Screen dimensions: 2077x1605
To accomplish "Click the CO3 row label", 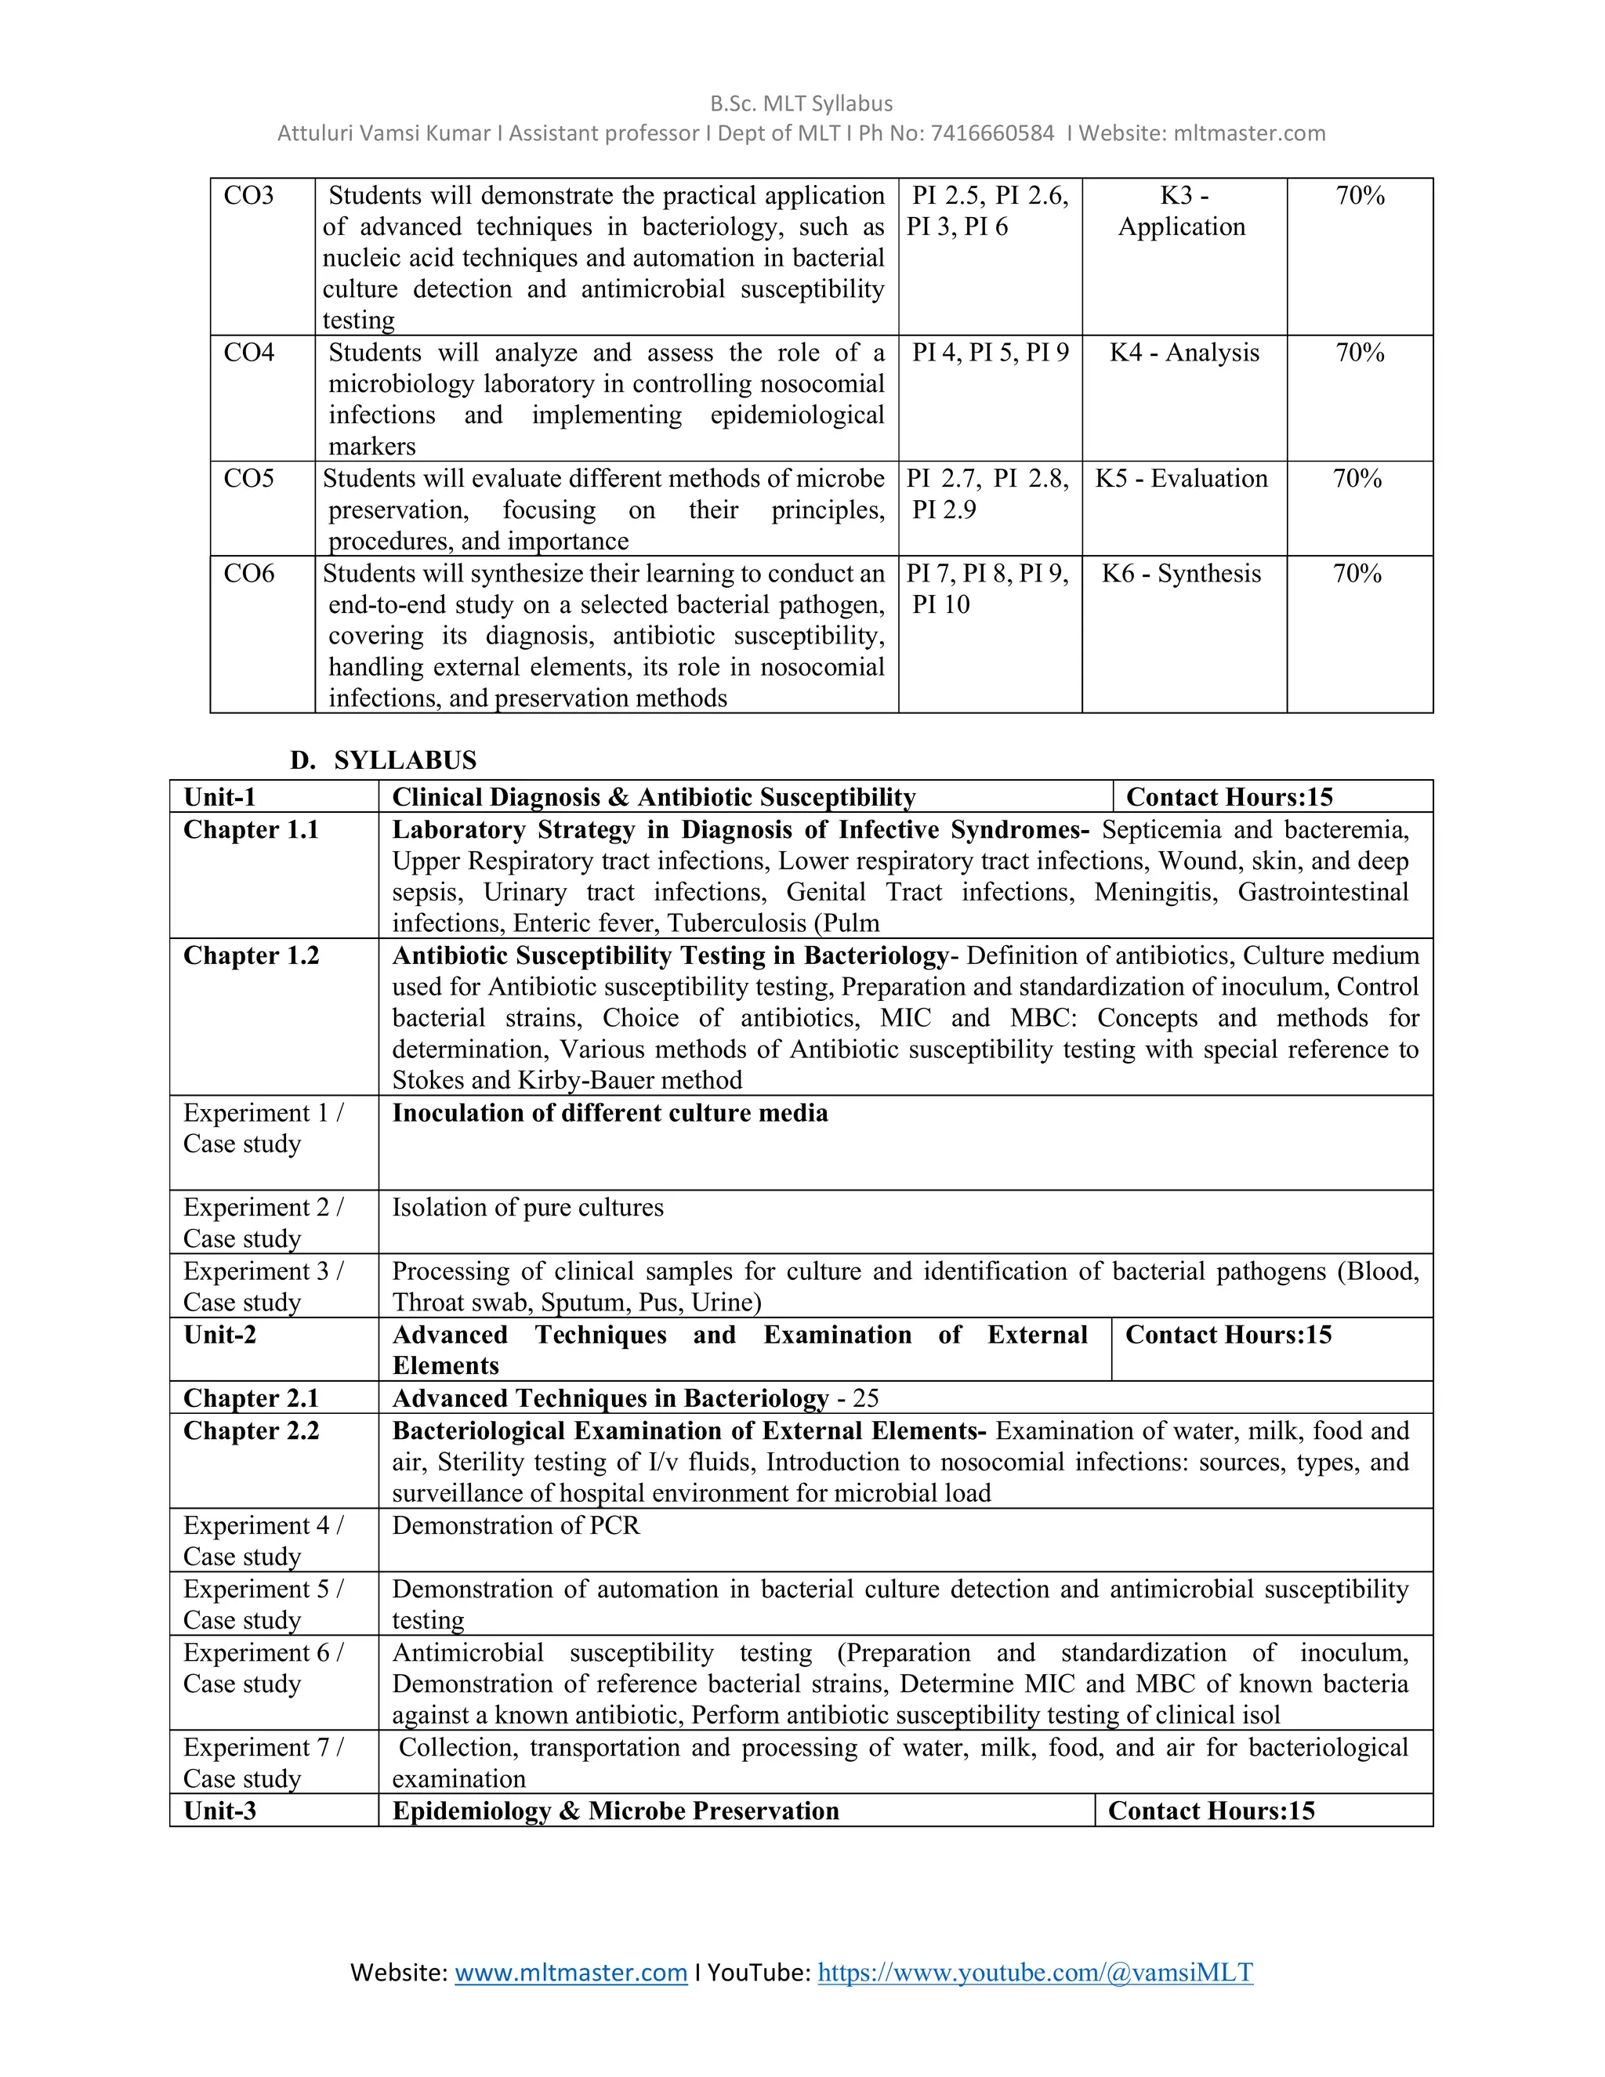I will point(248,196).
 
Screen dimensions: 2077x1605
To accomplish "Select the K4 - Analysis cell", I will point(1184,353).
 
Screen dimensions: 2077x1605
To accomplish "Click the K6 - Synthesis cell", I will point(1181,574).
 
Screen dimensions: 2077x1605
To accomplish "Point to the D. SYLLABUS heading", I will point(384,759).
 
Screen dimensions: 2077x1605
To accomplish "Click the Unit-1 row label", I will point(219,797).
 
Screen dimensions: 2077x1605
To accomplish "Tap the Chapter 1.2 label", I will point(251,955).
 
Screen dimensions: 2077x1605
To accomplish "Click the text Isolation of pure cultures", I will point(527,1208).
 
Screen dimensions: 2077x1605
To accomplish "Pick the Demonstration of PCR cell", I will point(516,1525).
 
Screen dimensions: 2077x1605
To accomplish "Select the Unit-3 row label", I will point(219,1811).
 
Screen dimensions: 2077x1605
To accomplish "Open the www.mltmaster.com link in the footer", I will point(571,1973).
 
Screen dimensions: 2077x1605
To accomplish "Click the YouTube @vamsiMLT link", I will point(1034,1973).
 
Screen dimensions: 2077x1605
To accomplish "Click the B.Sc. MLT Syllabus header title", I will point(802,103).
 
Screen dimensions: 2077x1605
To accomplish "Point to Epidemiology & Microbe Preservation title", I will point(615,1811).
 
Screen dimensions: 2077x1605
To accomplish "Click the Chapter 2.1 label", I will point(251,1398).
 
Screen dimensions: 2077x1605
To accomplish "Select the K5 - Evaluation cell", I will point(1181,478).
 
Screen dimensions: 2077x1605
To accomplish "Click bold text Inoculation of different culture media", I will point(610,1113).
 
